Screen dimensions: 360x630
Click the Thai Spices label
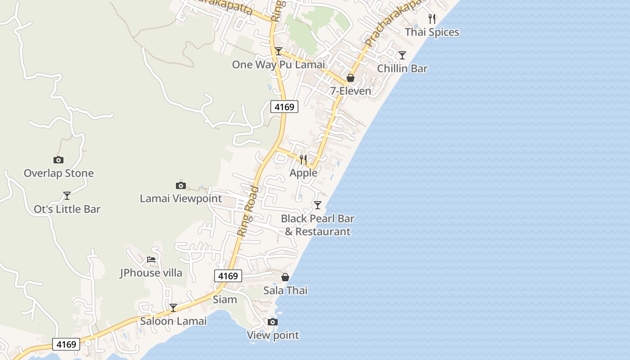click(432, 32)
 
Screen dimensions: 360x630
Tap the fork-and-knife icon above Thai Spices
click(432, 18)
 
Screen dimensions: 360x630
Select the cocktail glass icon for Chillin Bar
click(402, 55)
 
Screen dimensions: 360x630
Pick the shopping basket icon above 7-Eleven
click(351, 78)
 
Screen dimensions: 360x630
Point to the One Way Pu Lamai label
click(278, 65)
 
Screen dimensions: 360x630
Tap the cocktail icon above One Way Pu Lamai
click(279, 51)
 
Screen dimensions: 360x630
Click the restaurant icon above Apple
click(303, 160)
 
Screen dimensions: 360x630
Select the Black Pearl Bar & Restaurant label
click(318, 225)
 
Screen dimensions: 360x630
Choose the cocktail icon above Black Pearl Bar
click(318, 205)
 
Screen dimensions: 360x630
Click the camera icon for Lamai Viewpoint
click(180, 185)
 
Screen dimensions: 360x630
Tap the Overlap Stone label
click(58, 173)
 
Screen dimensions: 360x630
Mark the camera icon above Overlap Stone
click(58, 160)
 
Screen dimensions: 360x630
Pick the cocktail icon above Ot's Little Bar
click(67, 196)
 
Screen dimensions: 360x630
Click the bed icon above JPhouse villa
click(151, 260)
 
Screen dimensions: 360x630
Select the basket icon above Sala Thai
click(285, 277)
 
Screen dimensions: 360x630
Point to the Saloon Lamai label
click(173, 321)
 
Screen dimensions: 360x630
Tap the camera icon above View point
click(272, 322)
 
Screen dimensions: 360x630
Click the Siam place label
click(225, 300)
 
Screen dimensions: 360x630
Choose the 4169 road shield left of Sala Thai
click(228, 276)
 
